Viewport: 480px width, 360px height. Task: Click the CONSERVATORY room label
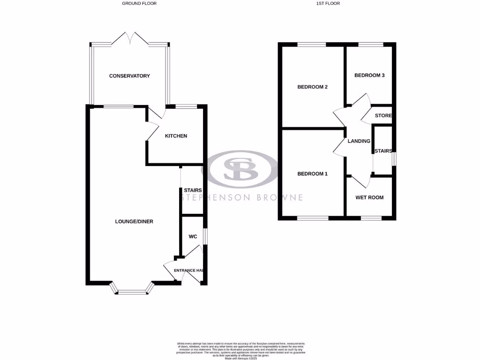pyautogui.click(x=129, y=76)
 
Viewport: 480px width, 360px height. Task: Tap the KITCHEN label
pyautogui.click(x=176, y=136)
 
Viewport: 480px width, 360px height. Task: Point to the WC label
pyautogui.click(x=193, y=237)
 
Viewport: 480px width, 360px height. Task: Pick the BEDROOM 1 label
pyautogui.click(x=312, y=174)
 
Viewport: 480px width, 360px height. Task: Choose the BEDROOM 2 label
pyautogui.click(x=312, y=87)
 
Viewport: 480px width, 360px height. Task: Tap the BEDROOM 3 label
pyautogui.click(x=369, y=75)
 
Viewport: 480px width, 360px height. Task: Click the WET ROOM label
pyautogui.click(x=369, y=197)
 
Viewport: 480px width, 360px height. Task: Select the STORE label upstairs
pyautogui.click(x=383, y=115)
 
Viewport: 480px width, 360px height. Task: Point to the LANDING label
pyautogui.click(x=359, y=141)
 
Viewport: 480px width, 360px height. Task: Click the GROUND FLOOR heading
pyautogui.click(x=139, y=3)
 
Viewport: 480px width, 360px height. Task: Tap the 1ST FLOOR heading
pyautogui.click(x=328, y=3)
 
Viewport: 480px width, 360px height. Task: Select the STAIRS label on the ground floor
pyautogui.click(x=193, y=190)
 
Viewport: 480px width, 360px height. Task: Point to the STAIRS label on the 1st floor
pyautogui.click(x=383, y=151)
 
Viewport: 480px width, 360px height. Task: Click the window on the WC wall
pyautogui.click(x=205, y=236)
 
